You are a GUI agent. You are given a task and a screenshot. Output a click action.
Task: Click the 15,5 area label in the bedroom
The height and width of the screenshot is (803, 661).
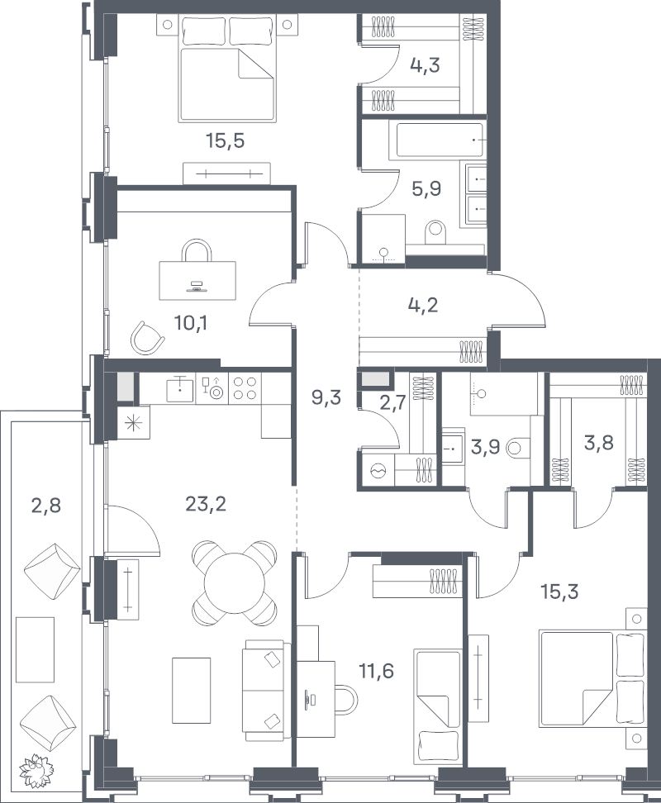pos(226,140)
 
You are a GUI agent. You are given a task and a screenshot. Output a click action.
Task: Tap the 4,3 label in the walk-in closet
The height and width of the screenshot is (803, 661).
pos(425,65)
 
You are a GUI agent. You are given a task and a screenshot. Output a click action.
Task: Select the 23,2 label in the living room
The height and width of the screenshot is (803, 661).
pos(207,505)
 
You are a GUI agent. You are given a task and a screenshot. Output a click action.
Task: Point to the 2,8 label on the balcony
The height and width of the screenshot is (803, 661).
pos(46,506)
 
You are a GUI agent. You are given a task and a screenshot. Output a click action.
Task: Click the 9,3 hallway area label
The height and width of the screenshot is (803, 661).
pos(326,397)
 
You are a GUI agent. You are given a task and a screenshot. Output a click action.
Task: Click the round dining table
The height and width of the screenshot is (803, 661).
pos(234,582)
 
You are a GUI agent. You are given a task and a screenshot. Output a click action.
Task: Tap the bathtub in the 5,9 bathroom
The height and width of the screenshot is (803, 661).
pos(440,140)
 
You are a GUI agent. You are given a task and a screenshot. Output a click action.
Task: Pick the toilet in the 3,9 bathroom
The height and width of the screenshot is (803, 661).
pos(517,449)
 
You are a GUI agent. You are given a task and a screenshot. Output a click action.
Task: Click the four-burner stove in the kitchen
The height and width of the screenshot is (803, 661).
pos(245,387)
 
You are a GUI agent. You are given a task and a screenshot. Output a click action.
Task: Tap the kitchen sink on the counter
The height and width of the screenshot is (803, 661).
pos(180,387)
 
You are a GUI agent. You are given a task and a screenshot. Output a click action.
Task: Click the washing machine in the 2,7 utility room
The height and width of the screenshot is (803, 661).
pos(379,469)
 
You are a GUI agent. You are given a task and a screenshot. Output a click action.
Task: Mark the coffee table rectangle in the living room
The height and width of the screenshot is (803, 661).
pos(191,690)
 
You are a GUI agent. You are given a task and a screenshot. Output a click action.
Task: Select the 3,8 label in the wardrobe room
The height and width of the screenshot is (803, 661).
pos(598,441)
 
